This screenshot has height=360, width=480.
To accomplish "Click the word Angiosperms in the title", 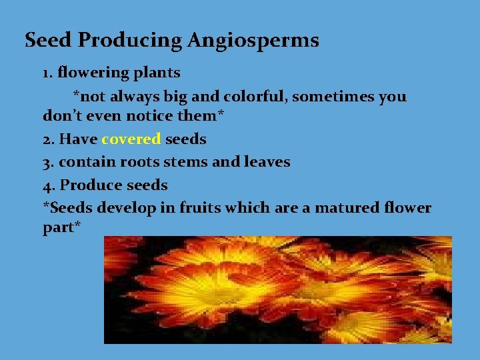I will pos(253,41).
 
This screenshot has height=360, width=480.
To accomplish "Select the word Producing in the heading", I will pos(131,41).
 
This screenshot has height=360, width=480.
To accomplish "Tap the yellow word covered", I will pos(131,139).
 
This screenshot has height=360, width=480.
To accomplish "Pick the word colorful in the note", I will pos(254,97).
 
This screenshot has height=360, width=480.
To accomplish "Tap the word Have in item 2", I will pos(79,139).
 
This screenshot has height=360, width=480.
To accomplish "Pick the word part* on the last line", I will pos(61,227).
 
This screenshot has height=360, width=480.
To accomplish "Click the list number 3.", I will pos(47,162).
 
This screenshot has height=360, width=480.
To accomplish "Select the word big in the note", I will pos(175,97).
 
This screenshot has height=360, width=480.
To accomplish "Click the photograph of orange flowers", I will pos(277,289).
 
